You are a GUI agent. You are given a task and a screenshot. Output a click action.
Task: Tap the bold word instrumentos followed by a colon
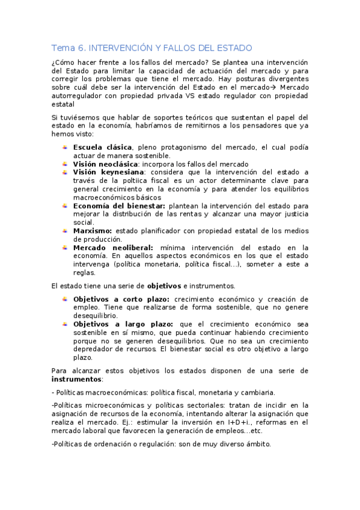[x=76, y=379]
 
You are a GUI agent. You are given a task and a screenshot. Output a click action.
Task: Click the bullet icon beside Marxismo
[x=65, y=230]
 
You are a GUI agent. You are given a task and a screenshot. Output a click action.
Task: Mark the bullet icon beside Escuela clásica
[x=65, y=147]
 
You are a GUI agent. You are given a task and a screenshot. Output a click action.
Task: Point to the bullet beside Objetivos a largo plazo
[x=65, y=324]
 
